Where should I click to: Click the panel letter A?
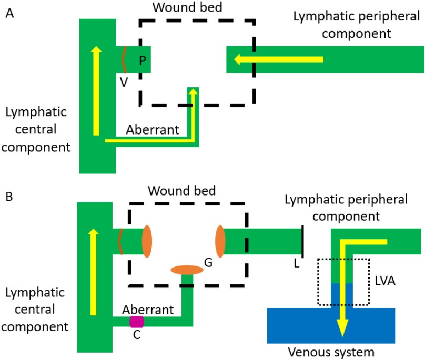(x=9, y=14)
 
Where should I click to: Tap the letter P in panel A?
(x=142, y=60)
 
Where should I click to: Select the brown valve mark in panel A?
(x=124, y=59)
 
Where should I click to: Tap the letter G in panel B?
(x=208, y=261)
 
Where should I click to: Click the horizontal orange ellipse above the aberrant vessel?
(x=187, y=270)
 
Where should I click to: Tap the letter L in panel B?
(x=297, y=263)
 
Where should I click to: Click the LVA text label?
(x=386, y=282)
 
